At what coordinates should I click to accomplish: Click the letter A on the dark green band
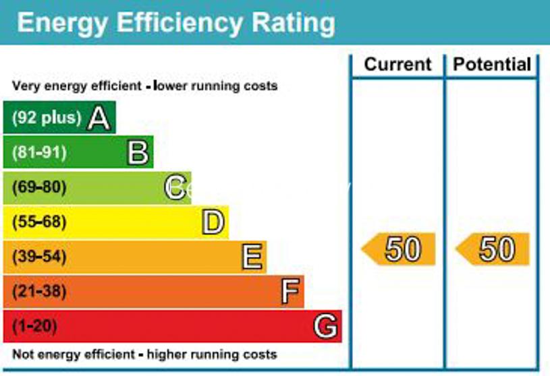[99, 119]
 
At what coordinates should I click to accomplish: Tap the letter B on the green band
[138, 153]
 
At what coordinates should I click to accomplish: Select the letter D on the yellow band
[213, 222]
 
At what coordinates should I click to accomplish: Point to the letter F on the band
[290, 292]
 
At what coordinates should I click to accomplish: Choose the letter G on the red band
[325, 327]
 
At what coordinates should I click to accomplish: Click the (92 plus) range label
[46, 119]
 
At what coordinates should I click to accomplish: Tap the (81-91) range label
[39, 153]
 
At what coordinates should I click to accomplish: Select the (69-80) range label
[39, 187]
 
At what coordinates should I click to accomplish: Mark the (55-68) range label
[39, 222]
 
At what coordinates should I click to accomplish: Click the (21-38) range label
[39, 292]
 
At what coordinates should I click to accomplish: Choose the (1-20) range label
[34, 327]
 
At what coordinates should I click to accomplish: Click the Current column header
[397, 65]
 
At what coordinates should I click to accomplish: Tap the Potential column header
[492, 65]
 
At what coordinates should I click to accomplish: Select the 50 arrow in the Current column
[400, 249]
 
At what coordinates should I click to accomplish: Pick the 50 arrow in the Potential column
[493, 249]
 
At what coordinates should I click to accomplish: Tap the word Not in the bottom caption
[24, 354]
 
